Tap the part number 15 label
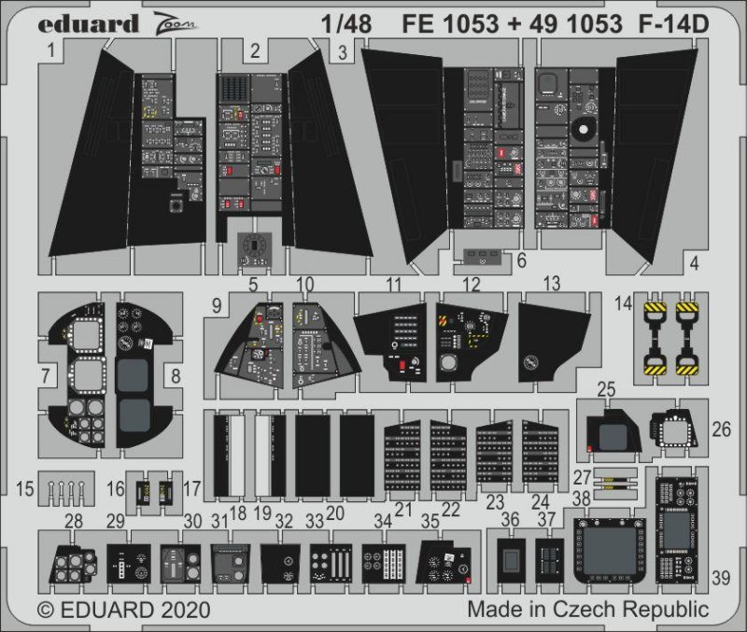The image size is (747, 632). tap(25, 487)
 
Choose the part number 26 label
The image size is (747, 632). tap(721, 429)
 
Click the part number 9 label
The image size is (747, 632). tap(216, 304)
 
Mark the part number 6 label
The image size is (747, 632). tap(521, 258)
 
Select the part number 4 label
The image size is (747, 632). tap(694, 263)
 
